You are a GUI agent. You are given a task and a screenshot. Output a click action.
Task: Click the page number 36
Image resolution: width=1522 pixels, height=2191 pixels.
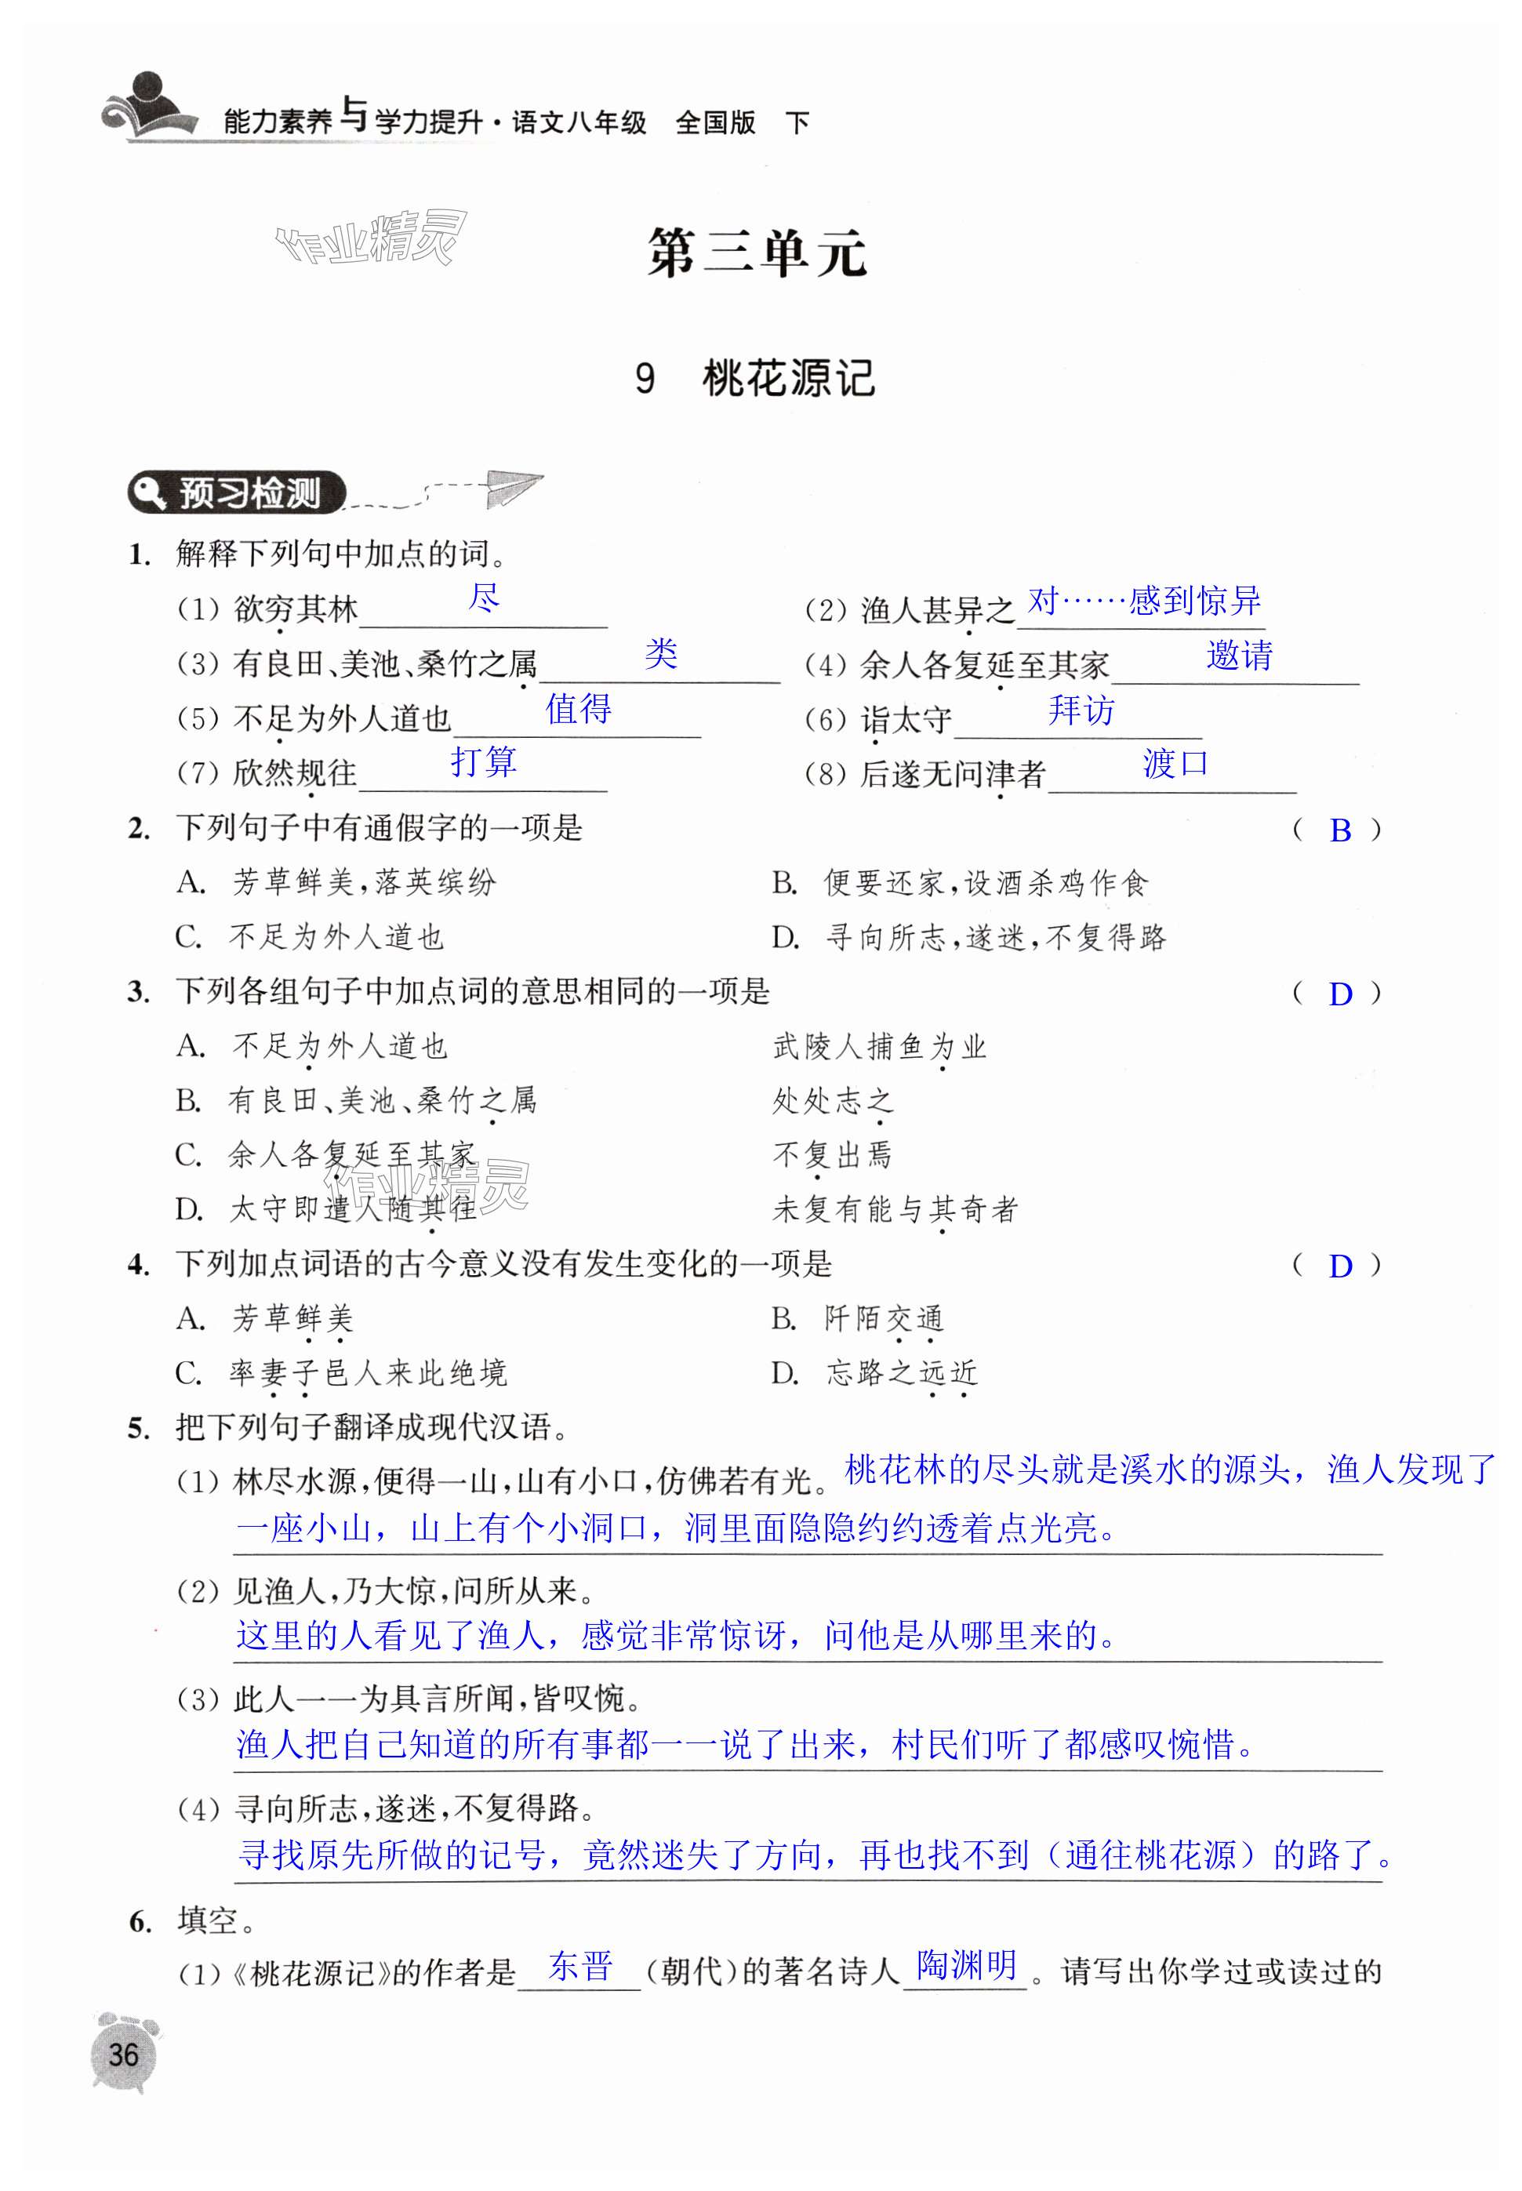123,2055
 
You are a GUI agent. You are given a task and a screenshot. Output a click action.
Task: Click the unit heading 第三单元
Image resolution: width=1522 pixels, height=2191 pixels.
757,253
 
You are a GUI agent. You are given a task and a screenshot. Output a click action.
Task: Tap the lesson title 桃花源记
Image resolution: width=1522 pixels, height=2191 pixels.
788,379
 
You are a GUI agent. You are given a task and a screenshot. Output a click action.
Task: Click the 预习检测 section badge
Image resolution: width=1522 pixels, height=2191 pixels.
238,493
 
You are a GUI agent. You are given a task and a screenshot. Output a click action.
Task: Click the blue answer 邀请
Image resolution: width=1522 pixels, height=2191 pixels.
1239,655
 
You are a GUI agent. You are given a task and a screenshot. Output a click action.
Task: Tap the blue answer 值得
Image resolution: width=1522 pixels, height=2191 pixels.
578,708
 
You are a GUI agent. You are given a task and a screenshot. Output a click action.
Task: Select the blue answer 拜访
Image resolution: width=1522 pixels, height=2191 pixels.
1081,710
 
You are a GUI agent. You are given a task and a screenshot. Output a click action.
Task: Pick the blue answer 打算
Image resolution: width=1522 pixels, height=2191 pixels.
484,761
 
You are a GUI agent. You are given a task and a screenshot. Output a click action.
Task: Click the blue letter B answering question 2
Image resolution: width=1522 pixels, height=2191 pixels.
1340,830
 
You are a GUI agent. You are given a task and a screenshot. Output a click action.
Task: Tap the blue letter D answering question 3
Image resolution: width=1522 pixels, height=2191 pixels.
1340,994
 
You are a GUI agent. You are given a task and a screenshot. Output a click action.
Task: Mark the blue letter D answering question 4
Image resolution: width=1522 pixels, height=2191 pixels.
1340,1266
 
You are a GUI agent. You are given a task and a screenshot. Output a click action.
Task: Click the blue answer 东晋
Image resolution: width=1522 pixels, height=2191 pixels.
579,1966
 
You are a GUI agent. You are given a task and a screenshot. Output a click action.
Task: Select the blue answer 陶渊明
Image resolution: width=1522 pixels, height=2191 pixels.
966,1965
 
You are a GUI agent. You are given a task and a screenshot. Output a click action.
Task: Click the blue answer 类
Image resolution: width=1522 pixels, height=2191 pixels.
660,654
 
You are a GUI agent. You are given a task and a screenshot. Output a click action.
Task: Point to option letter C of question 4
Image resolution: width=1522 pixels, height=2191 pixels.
188,1374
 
